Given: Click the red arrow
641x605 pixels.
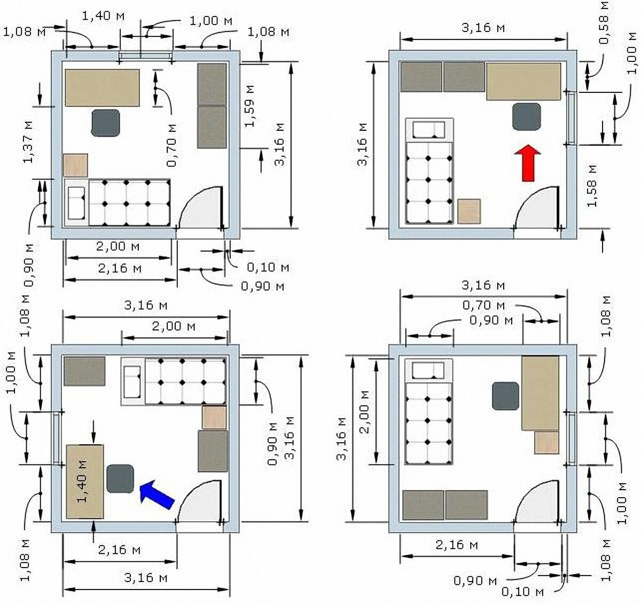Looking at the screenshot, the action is [x=527, y=163].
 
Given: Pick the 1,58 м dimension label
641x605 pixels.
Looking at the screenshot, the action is [x=592, y=186].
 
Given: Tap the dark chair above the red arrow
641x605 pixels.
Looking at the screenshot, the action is [x=526, y=117].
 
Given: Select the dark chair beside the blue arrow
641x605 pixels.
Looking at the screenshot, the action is [x=120, y=478].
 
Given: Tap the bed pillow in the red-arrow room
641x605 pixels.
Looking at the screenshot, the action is [x=429, y=129].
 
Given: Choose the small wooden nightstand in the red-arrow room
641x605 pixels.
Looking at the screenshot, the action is [x=469, y=211].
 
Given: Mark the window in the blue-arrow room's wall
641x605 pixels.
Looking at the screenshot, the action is [x=57, y=438].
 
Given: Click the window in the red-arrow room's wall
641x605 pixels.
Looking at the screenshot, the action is [x=571, y=118].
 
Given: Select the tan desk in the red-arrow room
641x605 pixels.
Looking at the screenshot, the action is [x=523, y=81].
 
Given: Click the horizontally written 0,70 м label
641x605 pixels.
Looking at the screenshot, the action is [x=483, y=305].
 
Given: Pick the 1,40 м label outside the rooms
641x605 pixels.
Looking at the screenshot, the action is [x=103, y=15].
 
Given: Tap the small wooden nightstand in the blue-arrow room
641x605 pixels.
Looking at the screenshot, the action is [x=214, y=417].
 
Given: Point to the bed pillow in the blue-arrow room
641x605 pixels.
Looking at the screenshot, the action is [x=132, y=382].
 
